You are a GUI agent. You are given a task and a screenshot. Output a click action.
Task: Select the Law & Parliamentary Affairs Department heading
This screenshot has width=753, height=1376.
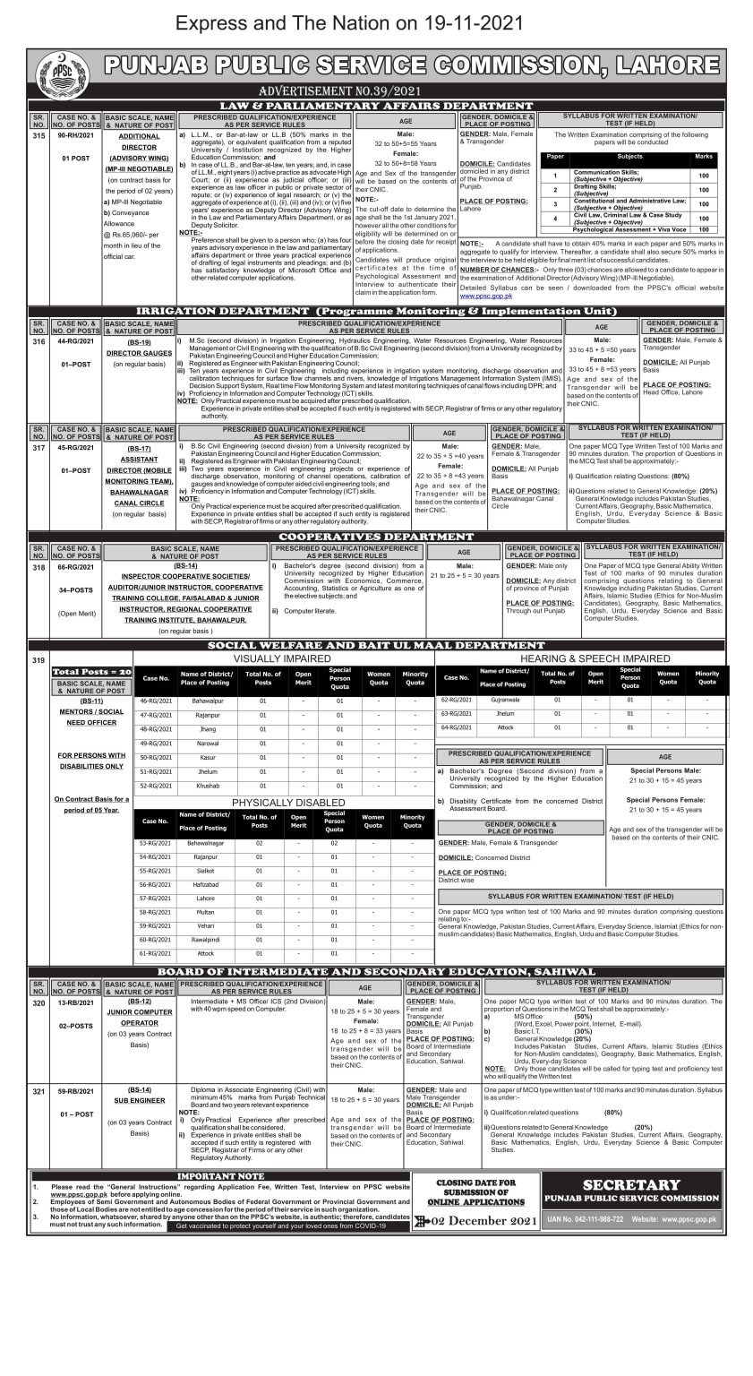[x=376, y=106]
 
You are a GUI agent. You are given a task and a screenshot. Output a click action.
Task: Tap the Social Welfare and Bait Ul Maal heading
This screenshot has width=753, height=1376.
[x=376, y=645]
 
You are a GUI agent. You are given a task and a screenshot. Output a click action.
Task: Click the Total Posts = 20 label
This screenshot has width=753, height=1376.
[x=92, y=671]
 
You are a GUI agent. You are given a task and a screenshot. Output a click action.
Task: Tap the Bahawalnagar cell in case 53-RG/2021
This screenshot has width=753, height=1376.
[x=205, y=843]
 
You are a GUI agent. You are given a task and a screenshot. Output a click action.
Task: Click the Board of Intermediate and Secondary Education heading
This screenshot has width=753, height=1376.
[x=376, y=971]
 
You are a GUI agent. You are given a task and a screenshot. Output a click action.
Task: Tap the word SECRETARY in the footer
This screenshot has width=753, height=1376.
[x=644, y=1185]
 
